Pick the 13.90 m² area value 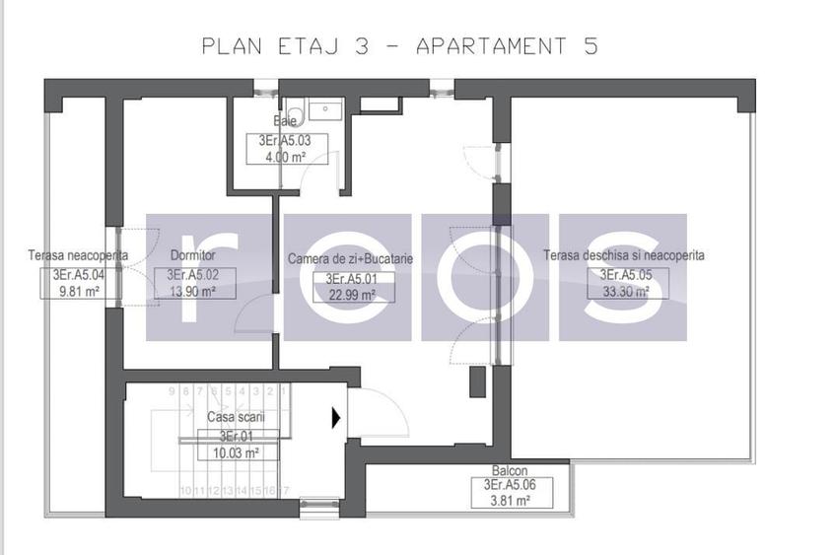click(193, 290)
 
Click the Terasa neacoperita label click(79, 256)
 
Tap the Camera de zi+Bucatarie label click(350, 258)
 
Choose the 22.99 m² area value click(351, 293)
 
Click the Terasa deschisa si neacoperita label click(624, 256)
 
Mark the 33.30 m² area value click(625, 290)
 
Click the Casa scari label click(236, 417)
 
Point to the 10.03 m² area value click(236, 452)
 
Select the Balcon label click(510, 471)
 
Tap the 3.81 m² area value click(510, 500)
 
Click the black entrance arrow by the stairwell click(336, 418)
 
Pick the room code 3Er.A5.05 click(625, 275)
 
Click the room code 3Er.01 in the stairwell click(236, 436)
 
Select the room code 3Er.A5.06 click(510, 485)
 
